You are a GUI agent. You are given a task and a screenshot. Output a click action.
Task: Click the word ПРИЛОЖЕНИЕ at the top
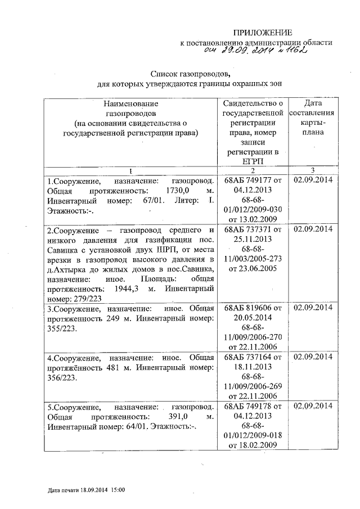(x=263, y=32)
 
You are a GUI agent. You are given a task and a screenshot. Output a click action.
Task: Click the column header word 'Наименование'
(x=131, y=103)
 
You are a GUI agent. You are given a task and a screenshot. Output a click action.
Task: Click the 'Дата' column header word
(x=313, y=103)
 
